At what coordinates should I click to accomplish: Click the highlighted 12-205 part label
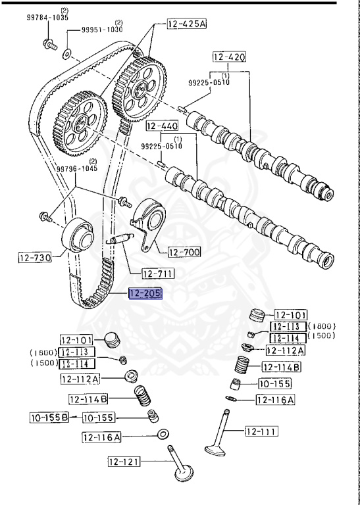pos(145,293)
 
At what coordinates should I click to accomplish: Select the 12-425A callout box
pos(186,25)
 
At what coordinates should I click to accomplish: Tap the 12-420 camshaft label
pos(230,57)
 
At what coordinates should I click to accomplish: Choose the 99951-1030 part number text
pos(103,30)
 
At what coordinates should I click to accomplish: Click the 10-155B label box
pos(49,417)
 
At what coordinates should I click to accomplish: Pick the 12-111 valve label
pos(261,431)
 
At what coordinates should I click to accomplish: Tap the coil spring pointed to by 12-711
pos(122,239)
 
